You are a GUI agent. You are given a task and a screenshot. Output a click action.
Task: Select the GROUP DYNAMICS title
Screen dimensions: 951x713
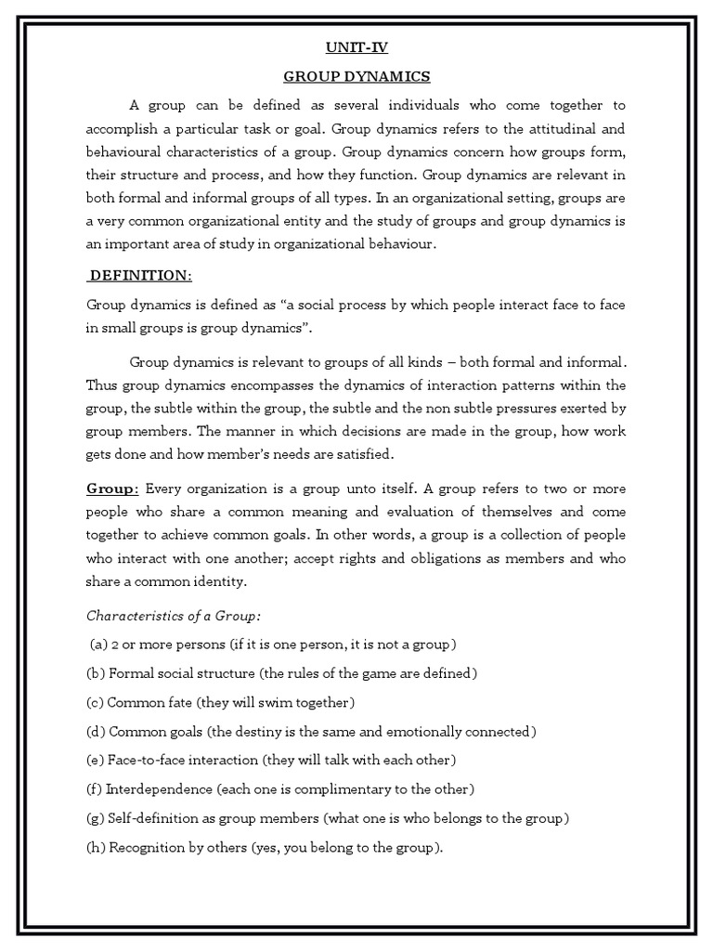coord(357,76)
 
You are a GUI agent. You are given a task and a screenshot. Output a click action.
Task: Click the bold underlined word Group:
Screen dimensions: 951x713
coord(113,489)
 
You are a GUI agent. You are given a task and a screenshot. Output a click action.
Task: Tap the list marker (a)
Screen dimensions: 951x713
coord(99,644)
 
